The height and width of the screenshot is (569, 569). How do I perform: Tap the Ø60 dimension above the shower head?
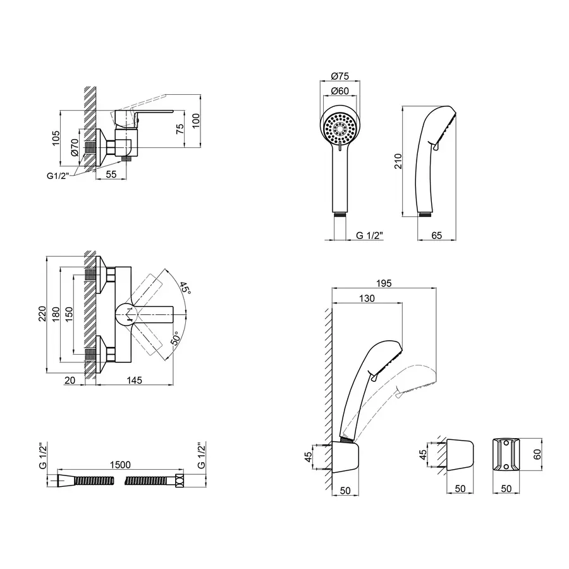coord(340,91)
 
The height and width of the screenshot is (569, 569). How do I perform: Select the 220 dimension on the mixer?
coord(42,314)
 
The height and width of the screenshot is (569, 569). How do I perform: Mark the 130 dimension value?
coord(367,299)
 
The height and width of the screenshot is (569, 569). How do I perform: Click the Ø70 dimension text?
coord(74,147)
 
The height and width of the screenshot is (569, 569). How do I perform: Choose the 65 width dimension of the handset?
coord(436,235)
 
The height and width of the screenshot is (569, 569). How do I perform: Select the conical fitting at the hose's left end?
coord(65,481)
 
